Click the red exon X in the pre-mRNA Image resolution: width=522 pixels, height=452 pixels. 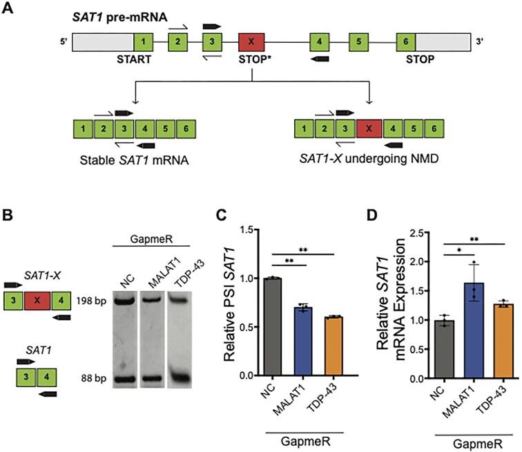point(251,41)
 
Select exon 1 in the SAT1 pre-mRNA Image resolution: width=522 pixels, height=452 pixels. point(144,41)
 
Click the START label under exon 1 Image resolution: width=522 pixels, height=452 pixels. point(143,59)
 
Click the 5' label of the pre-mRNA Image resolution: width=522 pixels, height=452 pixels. point(64,41)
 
